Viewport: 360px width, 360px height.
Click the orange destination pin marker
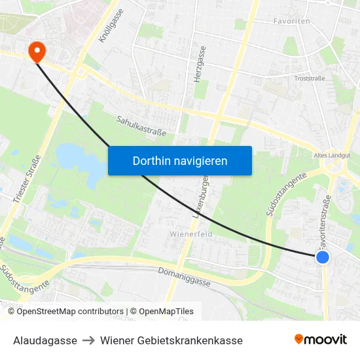point(35,51)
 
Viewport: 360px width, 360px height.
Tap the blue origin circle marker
point(322,257)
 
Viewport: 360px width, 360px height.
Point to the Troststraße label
point(310,78)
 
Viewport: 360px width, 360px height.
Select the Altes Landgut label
point(331,155)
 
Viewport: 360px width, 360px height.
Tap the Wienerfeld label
point(190,234)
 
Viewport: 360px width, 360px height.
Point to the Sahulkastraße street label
point(141,126)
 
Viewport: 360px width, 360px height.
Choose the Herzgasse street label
point(200,63)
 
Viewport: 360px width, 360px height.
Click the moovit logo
point(320,340)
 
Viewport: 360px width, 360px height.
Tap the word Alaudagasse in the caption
point(45,340)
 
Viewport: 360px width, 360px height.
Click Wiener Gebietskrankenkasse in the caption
point(171,340)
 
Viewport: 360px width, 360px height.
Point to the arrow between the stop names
point(88,340)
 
